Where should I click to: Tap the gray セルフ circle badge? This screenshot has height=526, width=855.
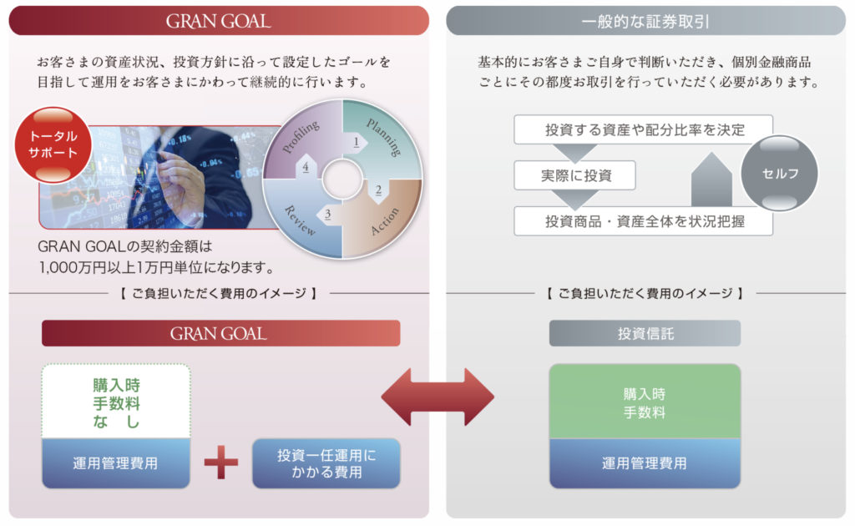click(x=780, y=174)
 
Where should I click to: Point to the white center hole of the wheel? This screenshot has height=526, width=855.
click(x=341, y=179)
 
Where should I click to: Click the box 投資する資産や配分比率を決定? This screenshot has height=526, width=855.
click(x=643, y=129)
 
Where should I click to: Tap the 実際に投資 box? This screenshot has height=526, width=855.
click(x=575, y=175)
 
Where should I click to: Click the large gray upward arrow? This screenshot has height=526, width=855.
click(x=711, y=179)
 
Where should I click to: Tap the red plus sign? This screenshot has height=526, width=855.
click(x=221, y=463)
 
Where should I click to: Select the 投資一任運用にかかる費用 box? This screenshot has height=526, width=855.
click(x=326, y=463)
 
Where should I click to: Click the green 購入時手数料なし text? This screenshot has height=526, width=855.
click(x=116, y=403)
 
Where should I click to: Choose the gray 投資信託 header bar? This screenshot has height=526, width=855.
click(x=645, y=333)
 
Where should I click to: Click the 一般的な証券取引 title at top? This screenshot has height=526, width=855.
click(x=645, y=21)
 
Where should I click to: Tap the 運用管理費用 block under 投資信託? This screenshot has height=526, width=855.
click(x=645, y=463)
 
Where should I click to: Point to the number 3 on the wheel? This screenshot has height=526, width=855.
click(x=328, y=215)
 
